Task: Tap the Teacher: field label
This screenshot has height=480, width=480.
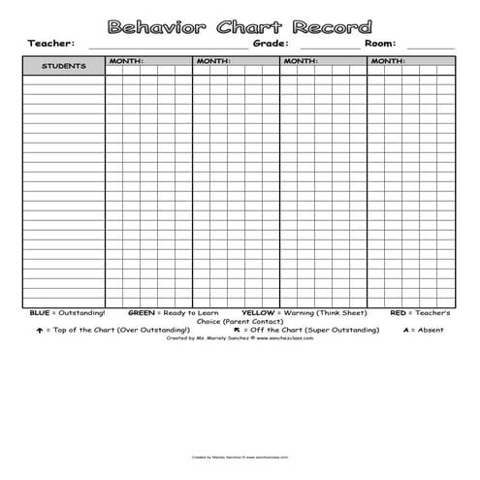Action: pyautogui.click(x=50, y=44)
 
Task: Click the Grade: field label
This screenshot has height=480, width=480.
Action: pyautogui.click(x=272, y=44)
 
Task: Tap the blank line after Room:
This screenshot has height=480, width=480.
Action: pyautogui.click(x=431, y=47)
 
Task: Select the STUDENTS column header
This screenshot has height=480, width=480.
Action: pyautogui.click(x=64, y=66)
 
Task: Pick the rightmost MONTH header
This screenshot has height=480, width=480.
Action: pyautogui.click(x=388, y=61)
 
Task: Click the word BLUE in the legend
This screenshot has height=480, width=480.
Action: pyautogui.click(x=39, y=313)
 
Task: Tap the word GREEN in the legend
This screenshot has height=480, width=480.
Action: pyautogui.click(x=142, y=313)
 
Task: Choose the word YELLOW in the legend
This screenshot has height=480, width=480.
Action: pyautogui.click(x=258, y=313)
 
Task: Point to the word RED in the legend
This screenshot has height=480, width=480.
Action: pyautogui.click(x=398, y=313)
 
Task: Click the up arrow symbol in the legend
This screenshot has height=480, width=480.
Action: pyautogui.click(x=39, y=330)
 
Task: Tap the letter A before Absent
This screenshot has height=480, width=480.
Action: pyautogui.click(x=406, y=330)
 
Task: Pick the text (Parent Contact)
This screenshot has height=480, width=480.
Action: pyautogui.click(x=253, y=321)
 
